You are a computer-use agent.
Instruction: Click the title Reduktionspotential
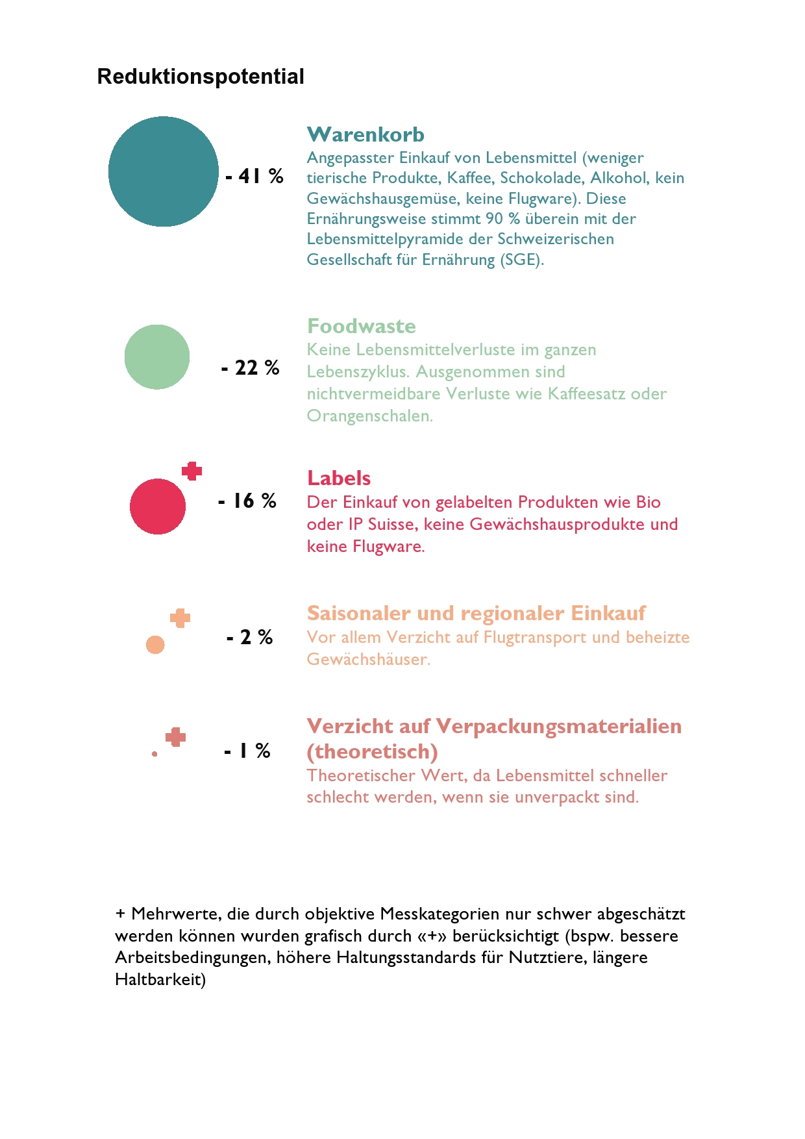pyautogui.click(x=201, y=77)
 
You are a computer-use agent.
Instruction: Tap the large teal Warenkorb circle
pyautogui.click(x=164, y=171)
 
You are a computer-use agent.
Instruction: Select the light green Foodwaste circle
pyautogui.click(x=157, y=357)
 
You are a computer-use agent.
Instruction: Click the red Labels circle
pyautogui.click(x=158, y=507)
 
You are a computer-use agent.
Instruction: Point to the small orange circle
pyautogui.click(x=155, y=645)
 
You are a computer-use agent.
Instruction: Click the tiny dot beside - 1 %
pyautogui.click(x=155, y=754)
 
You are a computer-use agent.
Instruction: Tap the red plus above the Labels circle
pyautogui.click(x=192, y=471)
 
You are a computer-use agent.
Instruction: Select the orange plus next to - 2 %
pyautogui.click(x=180, y=618)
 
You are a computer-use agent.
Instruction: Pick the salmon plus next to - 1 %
pyautogui.click(x=175, y=737)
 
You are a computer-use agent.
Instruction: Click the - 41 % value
pyautogui.click(x=254, y=176)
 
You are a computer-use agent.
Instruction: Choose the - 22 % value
pyautogui.click(x=251, y=368)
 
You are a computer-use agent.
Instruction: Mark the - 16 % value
pyautogui.click(x=247, y=501)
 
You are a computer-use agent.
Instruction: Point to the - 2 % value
pyautogui.click(x=250, y=637)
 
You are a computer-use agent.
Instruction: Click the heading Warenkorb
pyautogui.click(x=365, y=134)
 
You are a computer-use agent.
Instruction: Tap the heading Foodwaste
pyautogui.click(x=361, y=326)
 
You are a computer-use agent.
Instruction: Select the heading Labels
pyautogui.click(x=339, y=478)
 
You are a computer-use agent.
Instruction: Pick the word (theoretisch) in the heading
pyautogui.click(x=372, y=751)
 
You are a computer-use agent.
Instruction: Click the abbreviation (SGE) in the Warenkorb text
pyautogui.click(x=521, y=260)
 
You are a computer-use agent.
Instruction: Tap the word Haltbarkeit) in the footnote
pyautogui.click(x=160, y=979)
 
